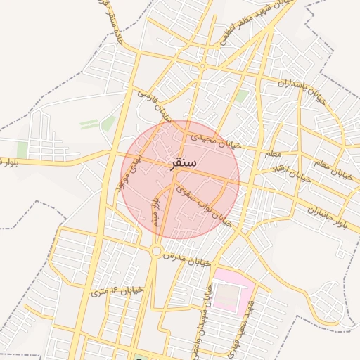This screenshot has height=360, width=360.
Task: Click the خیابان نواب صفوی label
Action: click(205, 203)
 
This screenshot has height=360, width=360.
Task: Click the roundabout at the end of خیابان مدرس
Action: click(156, 250)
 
